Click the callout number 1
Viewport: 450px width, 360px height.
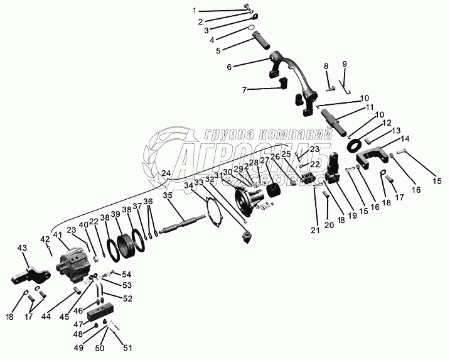(x=195, y=11)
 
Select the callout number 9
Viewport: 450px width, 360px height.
(x=344, y=64)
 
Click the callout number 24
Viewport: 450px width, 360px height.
(x=166, y=173)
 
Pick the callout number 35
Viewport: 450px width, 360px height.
(x=168, y=195)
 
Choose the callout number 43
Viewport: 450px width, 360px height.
(x=23, y=248)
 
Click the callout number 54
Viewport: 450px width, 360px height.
(x=126, y=274)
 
